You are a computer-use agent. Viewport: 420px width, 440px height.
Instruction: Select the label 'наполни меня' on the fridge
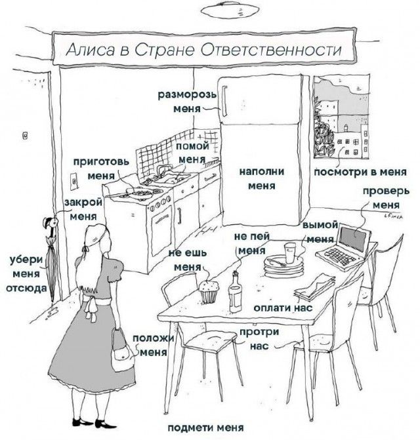pos(261,178)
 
